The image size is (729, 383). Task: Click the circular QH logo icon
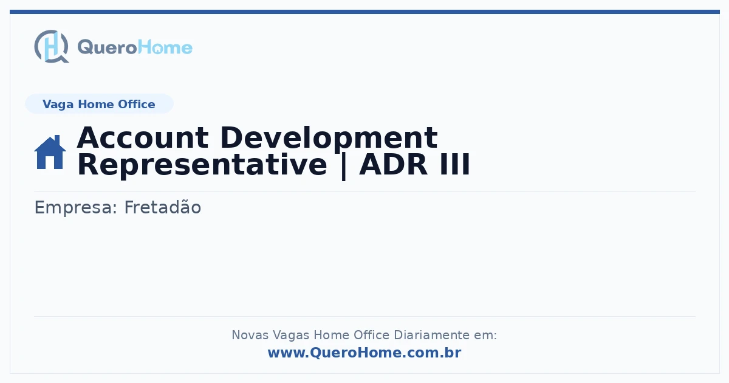pos(52,46)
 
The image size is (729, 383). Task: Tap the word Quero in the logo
pos(108,47)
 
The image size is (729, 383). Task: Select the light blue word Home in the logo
pos(165,47)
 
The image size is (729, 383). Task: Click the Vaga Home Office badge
pos(99,104)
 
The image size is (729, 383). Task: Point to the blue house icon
pos(50,152)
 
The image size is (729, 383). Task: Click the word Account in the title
pos(143,138)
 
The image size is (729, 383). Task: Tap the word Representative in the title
pos(202,166)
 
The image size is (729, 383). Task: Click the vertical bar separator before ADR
pos(343,167)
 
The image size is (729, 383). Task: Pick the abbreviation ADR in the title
pos(393,165)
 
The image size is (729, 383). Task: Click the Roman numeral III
pos(455,165)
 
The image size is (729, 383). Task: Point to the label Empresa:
pos(75,208)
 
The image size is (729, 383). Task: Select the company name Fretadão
pos(163,207)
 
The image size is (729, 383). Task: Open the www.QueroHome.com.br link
pos(364,353)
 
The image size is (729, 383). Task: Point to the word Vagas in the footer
pos(291,336)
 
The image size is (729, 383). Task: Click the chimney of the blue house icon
pos(57,139)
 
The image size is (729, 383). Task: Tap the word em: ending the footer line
pos(485,336)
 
